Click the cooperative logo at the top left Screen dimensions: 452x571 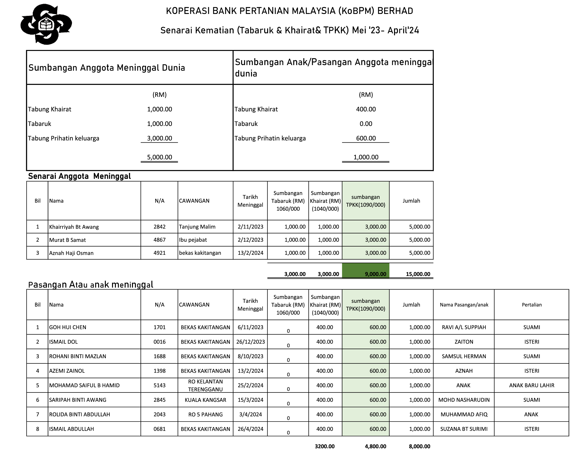point(46,24)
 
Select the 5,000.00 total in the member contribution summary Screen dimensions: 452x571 point(160,157)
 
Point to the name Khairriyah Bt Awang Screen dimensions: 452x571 point(74,227)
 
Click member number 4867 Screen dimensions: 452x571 point(160,240)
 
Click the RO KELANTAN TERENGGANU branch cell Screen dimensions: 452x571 point(205,385)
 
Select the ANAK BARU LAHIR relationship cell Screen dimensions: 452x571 point(531,385)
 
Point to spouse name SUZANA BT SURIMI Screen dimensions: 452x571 point(464,429)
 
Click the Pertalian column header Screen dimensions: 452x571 point(531,305)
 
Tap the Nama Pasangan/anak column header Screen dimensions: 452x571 point(464,305)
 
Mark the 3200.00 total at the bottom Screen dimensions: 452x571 point(324,446)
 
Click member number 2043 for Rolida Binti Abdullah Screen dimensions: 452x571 point(160,414)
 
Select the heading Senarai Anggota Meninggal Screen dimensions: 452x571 point(79,176)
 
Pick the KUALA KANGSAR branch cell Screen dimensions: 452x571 point(205,400)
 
